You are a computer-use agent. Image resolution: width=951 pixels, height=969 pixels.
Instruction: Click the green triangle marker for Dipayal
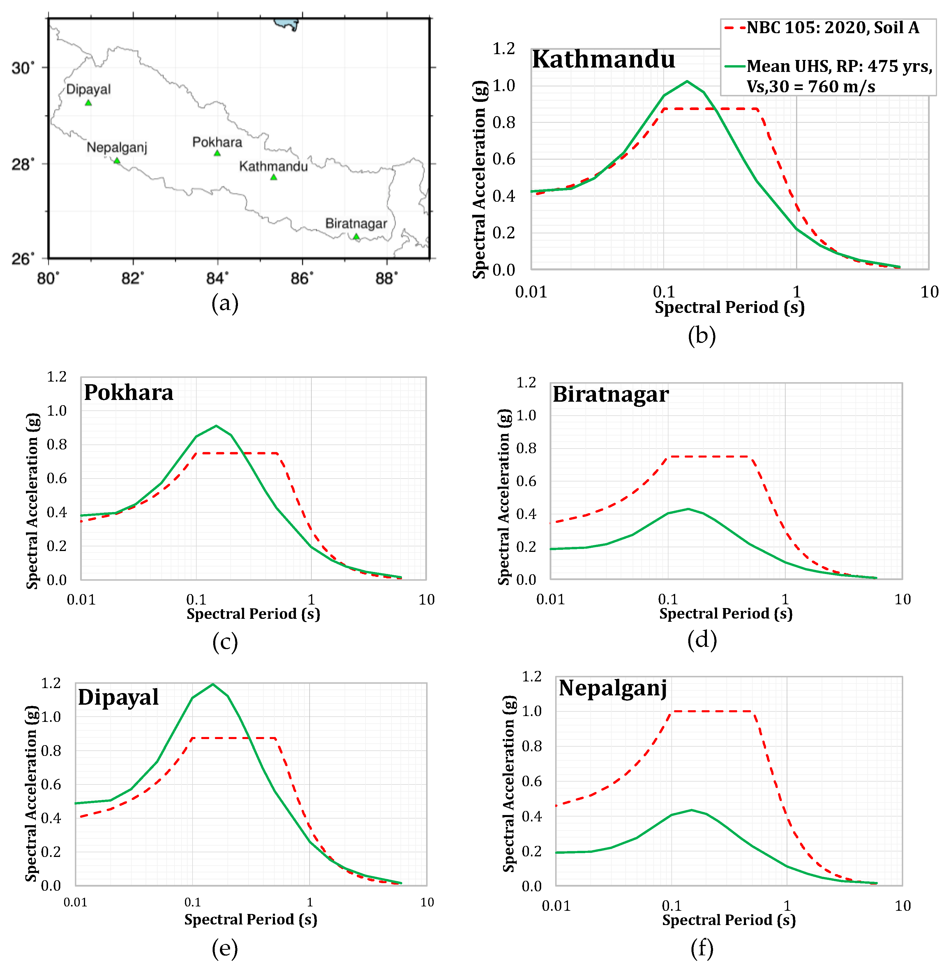point(89,103)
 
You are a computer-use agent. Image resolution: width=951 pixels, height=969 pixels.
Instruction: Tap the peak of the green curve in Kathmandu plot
point(687,82)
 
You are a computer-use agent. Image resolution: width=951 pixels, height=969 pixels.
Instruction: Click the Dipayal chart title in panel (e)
point(118,697)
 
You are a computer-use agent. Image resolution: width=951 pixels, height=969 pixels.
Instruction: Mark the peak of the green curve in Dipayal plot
point(213,684)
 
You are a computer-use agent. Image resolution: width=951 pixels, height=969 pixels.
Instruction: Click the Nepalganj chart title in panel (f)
point(613,688)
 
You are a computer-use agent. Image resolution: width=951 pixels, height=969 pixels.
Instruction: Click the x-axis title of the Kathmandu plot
point(729,307)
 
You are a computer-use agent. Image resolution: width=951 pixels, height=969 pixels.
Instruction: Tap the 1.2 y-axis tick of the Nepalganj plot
point(532,676)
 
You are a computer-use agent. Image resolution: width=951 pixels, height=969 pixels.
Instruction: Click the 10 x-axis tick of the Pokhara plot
point(426,600)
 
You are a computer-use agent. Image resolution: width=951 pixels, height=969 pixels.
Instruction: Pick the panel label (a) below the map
point(225,303)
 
